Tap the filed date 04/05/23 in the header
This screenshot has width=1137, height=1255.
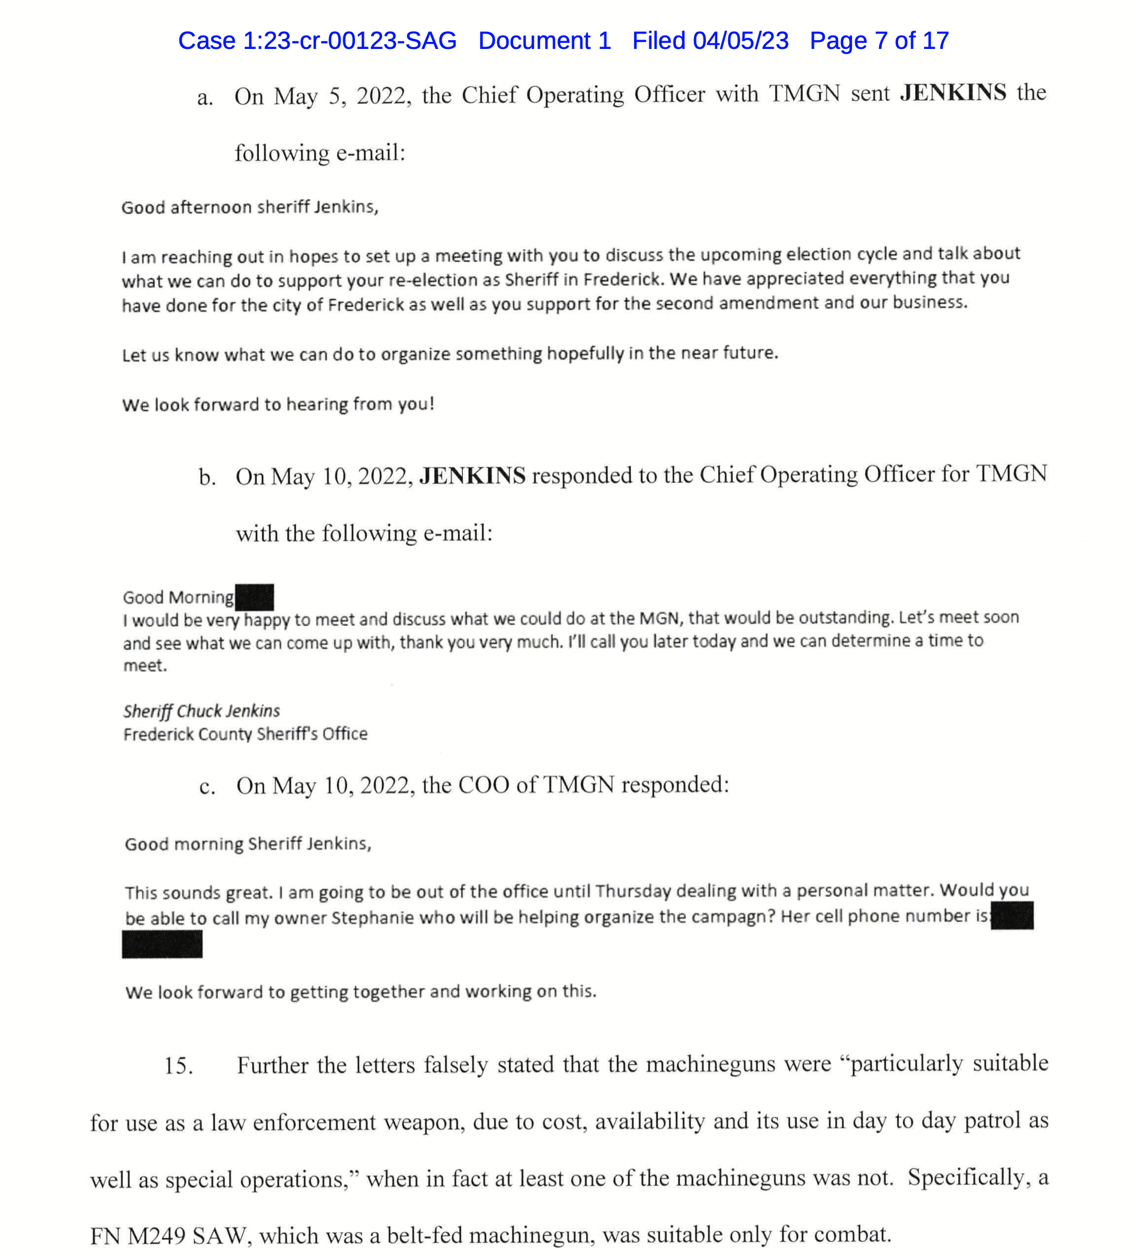coord(741,41)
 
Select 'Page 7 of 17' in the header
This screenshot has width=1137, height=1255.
coord(879,41)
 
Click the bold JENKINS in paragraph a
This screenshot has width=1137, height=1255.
coord(953,93)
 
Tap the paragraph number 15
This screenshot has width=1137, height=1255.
coord(178,1066)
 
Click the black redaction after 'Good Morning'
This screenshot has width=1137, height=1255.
coord(254,597)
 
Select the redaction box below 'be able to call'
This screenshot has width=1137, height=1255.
coord(162,944)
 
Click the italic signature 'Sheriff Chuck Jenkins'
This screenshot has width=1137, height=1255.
coord(201,711)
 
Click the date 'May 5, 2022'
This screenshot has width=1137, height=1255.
coord(342,97)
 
